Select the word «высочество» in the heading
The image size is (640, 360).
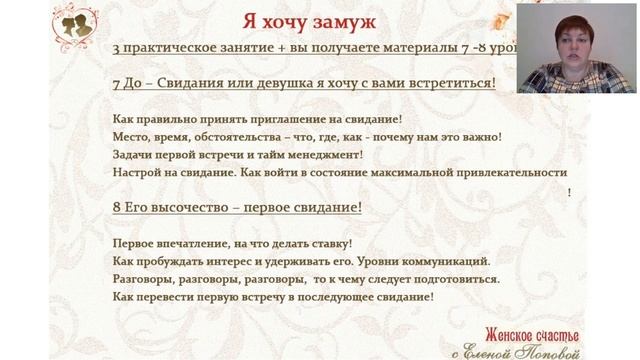coord(184,208)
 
